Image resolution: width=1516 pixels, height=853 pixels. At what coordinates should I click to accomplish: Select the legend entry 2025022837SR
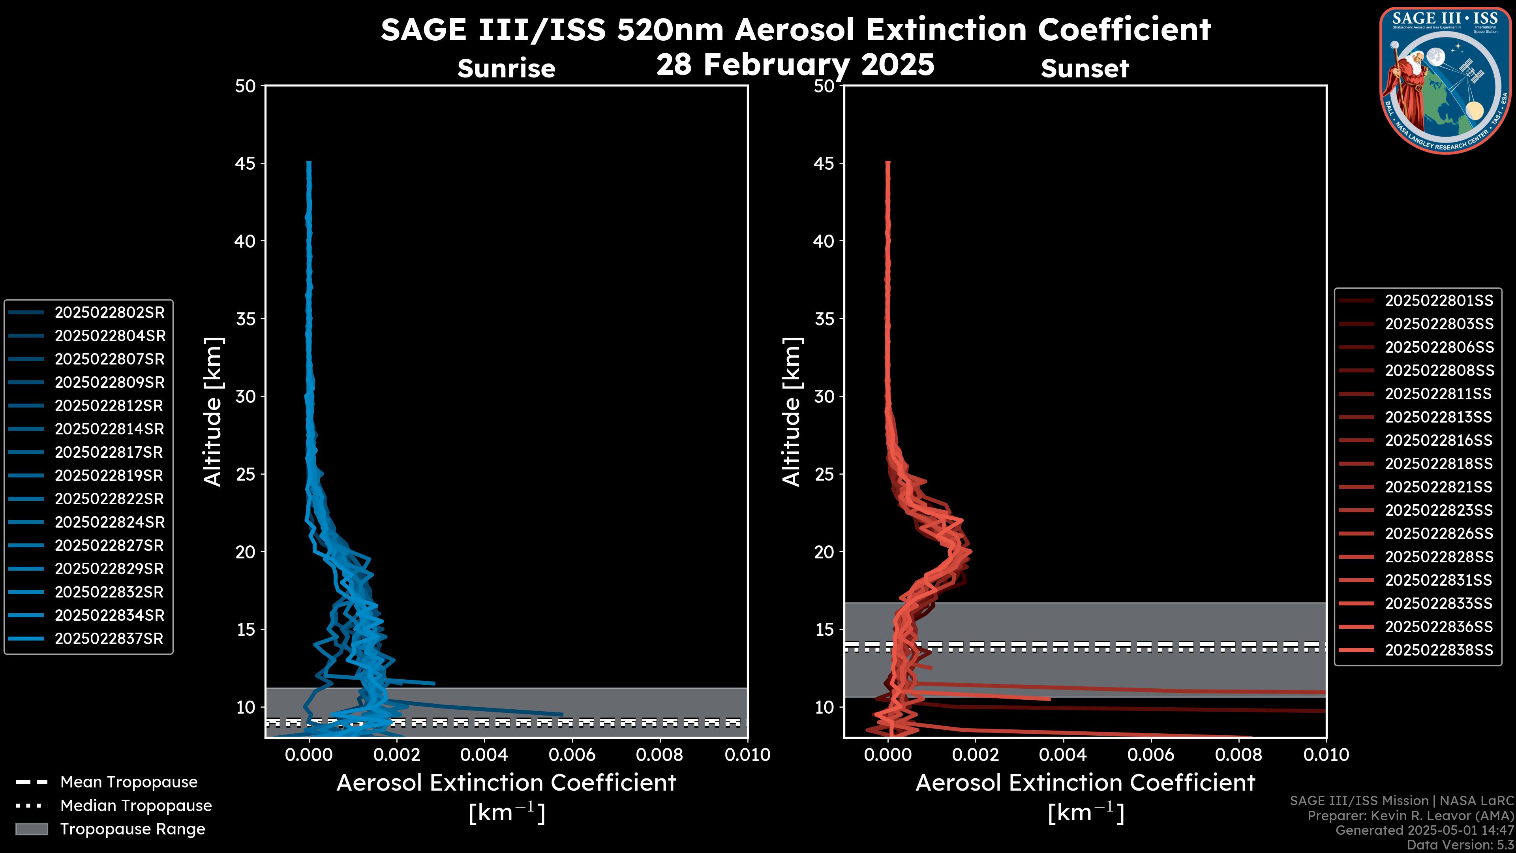coord(109,639)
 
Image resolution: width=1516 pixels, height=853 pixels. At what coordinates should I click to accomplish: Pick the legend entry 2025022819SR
coord(109,475)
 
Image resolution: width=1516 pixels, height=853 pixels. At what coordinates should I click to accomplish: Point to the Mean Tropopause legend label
coord(129,782)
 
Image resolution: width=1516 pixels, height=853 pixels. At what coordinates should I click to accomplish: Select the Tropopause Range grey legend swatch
coord(31,829)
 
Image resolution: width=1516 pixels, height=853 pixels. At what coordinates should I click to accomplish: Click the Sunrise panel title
coord(506,68)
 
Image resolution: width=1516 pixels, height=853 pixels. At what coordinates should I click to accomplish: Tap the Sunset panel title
coord(1084,68)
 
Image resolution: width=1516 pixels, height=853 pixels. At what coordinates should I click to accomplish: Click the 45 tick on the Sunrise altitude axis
coord(246,163)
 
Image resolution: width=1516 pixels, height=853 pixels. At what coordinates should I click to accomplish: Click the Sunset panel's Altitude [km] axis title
coord(792,411)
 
